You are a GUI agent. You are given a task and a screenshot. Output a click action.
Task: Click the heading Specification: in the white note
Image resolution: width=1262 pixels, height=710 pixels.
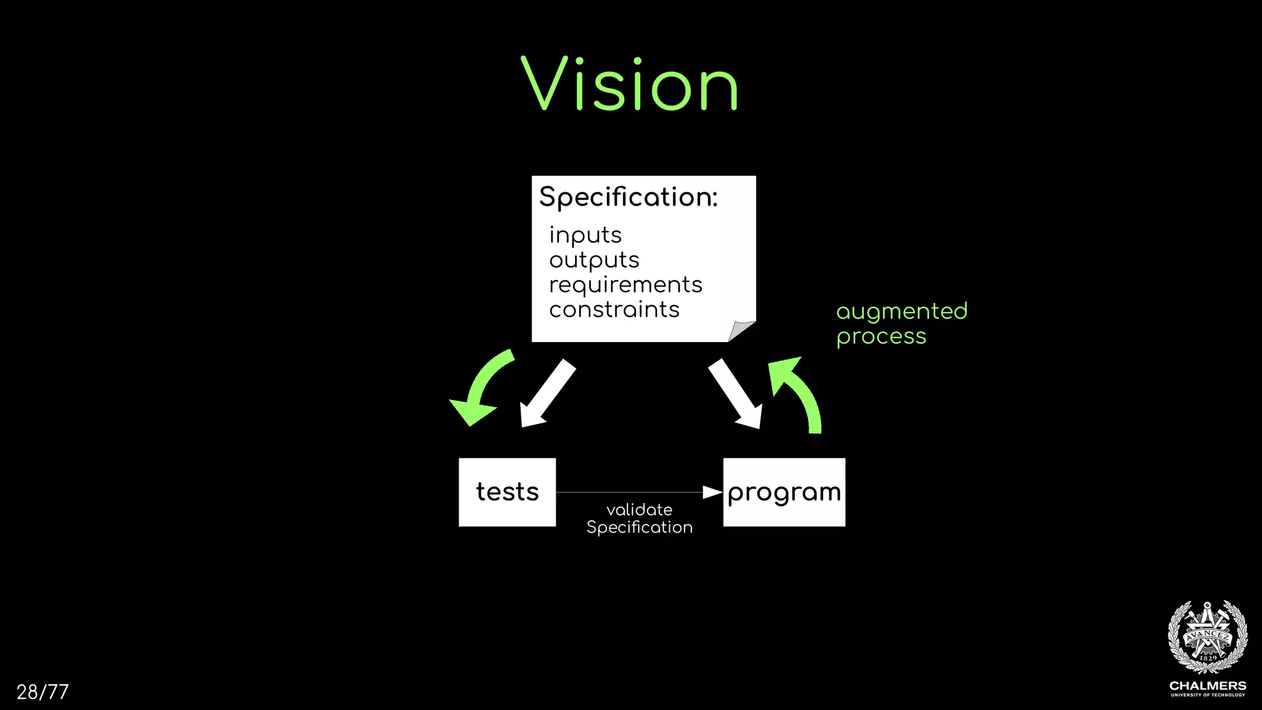[x=628, y=197]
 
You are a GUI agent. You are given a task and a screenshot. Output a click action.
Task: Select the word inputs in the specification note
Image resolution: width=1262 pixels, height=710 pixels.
[x=585, y=235]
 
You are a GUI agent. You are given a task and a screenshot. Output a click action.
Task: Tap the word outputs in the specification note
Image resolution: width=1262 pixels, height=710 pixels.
[x=594, y=260]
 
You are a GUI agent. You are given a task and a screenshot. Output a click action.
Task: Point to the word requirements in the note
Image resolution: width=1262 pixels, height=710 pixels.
[x=625, y=285]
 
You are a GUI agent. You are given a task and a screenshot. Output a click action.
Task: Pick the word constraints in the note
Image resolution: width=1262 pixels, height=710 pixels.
[x=614, y=309]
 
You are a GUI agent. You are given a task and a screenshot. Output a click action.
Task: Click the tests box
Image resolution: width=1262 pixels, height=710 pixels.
[x=507, y=492]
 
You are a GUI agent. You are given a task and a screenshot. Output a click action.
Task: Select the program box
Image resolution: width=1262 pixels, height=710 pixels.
[x=784, y=492]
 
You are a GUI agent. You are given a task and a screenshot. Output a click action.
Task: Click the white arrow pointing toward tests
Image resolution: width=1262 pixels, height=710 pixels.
[x=546, y=394]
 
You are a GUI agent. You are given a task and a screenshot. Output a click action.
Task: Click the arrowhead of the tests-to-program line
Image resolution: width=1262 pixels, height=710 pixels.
[x=712, y=492]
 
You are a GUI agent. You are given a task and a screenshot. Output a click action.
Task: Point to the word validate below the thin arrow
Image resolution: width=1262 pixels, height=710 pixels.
[x=639, y=510]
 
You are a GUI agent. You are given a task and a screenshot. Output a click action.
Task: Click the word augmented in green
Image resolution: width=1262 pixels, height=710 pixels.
[x=902, y=312]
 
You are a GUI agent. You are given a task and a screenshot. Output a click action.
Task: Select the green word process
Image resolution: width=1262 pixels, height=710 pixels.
[x=881, y=337]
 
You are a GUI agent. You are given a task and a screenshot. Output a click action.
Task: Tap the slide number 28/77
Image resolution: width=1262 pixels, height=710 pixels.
[x=43, y=692]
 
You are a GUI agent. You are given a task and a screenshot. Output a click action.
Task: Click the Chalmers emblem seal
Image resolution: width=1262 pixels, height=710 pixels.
[x=1208, y=637]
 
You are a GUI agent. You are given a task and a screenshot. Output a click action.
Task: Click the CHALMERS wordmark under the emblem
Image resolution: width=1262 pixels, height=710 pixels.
[x=1208, y=685]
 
